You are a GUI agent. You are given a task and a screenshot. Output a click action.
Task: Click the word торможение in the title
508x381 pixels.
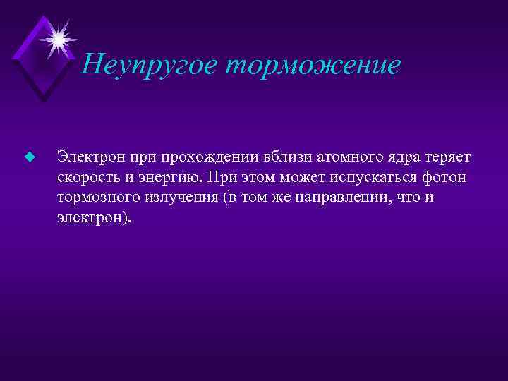click(313, 66)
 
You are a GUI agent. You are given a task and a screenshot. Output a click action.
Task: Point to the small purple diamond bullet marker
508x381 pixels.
click(29, 156)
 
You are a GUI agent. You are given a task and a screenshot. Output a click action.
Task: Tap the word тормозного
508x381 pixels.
click(95, 197)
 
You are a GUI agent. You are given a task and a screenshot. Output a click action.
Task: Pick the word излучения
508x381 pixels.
click(176, 197)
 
